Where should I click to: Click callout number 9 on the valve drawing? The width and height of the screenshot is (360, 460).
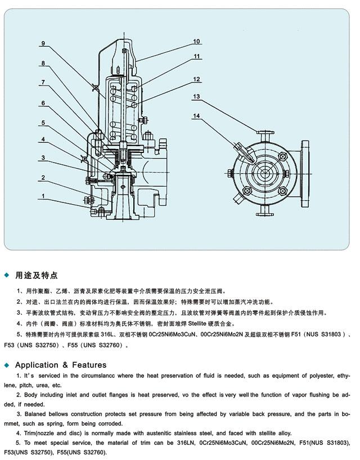click(43, 43)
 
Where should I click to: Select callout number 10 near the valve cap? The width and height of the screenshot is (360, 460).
click(196, 41)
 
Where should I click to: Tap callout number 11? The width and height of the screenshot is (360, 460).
click(196, 56)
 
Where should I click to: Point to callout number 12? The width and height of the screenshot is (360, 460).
click(196, 79)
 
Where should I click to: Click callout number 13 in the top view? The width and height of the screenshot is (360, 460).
click(196, 97)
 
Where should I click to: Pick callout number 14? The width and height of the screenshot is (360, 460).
click(196, 116)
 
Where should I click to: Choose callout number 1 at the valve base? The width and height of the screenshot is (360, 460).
click(43, 197)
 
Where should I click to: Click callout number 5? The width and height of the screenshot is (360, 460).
click(43, 123)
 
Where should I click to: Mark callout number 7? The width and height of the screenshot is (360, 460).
click(43, 83)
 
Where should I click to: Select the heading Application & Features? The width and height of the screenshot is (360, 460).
click(61, 365)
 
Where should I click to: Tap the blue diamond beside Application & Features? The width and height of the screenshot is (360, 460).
click(7, 365)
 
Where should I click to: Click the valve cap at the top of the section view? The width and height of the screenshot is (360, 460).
click(123, 45)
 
